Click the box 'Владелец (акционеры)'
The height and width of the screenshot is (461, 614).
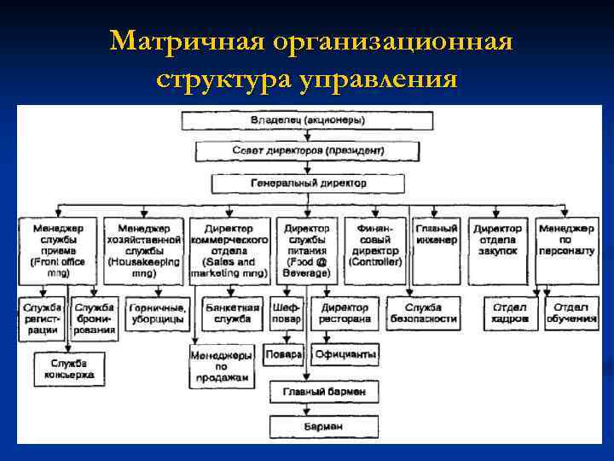pyautogui.click(x=308, y=121)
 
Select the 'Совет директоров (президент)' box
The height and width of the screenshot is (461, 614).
pyautogui.click(x=308, y=151)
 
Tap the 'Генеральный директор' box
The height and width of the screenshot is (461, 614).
pyautogui.click(x=308, y=184)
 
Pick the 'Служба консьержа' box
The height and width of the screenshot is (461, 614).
pyautogui.click(x=66, y=369)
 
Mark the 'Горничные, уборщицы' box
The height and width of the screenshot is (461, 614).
pyautogui.click(x=156, y=313)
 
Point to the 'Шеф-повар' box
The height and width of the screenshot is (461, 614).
pyautogui.click(x=285, y=313)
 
